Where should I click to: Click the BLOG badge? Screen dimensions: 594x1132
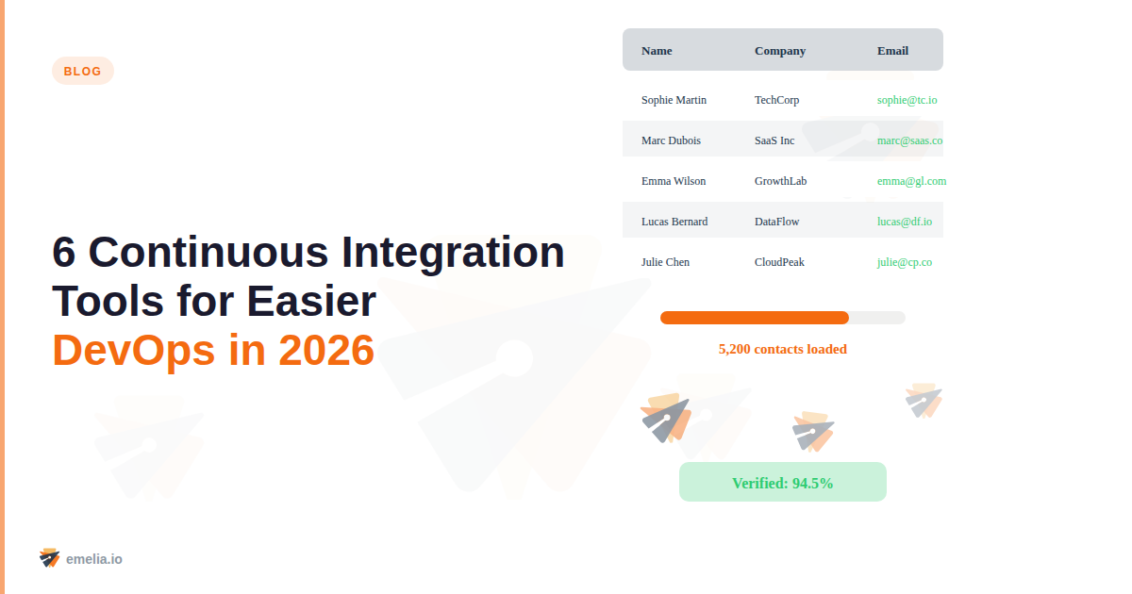click(83, 71)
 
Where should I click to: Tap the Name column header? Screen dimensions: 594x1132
click(657, 51)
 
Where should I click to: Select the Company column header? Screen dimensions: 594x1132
click(780, 51)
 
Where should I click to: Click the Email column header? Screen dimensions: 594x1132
click(892, 51)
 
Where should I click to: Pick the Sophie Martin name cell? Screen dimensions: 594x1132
click(674, 100)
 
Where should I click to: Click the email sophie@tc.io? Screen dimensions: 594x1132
click(907, 100)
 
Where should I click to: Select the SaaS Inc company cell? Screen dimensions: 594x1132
click(774, 140)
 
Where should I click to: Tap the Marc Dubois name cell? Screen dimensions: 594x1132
click(671, 140)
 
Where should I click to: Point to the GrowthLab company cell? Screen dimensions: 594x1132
click(780, 181)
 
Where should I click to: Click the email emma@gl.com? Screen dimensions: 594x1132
click(911, 181)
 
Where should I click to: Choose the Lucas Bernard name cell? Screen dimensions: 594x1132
click(674, 222)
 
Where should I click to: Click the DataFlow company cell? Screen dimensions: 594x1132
click(776, 222)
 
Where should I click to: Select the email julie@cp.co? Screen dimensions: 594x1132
click(904, 262)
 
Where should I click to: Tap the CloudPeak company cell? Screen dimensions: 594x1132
click(779, 262)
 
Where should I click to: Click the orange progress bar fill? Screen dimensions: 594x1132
click(755, 318)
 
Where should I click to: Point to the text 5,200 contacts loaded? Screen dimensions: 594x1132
click(783, 349)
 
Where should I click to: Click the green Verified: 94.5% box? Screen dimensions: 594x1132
click(783, 483)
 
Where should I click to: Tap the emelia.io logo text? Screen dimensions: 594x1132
click(93, 559)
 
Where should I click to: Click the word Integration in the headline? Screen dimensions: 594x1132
click(453, 253)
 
